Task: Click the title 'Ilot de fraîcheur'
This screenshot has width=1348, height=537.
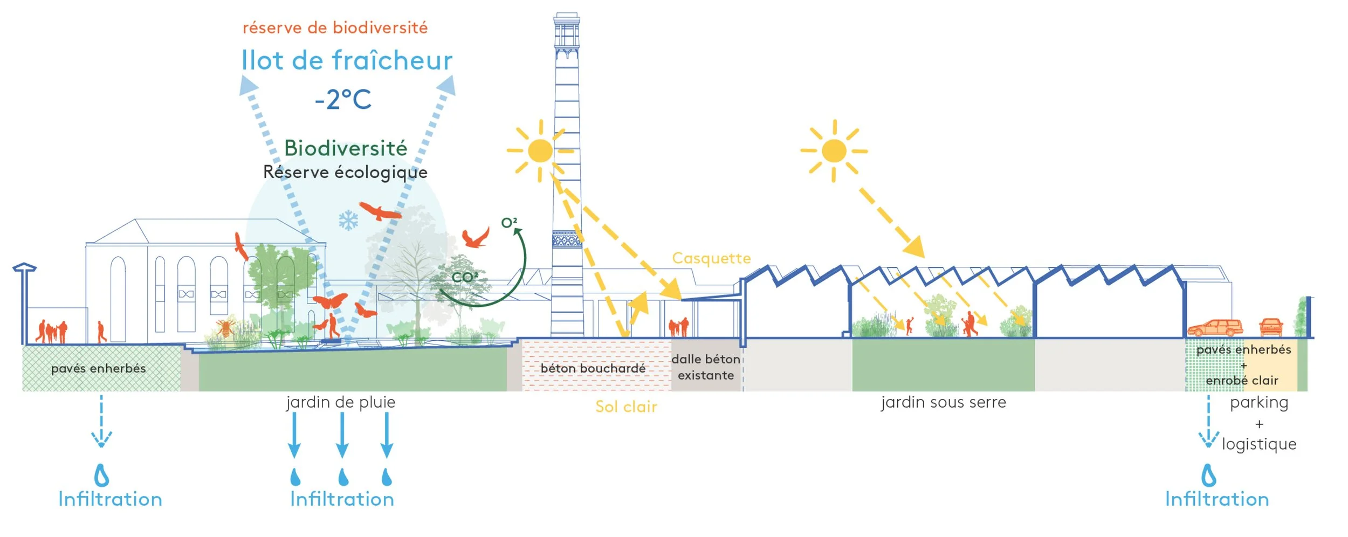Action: point(346,60)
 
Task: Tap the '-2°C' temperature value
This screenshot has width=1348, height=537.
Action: point(343,100)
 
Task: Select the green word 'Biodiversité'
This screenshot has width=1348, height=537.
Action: point(346,148)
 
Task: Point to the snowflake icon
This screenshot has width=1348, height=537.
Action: point(348,221)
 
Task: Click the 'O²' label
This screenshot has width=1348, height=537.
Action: point(509,223)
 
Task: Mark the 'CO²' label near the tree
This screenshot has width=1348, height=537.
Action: point(464,278)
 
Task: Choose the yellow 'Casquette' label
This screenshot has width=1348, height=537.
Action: point(711,258)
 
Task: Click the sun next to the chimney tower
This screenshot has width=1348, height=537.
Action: point(540,151)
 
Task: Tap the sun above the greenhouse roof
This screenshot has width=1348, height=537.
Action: point(834,151)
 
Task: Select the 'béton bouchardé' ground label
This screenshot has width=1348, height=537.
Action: point(593,368)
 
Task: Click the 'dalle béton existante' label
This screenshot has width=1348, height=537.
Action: point(706,367)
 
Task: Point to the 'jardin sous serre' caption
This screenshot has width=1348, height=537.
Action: point(944,402)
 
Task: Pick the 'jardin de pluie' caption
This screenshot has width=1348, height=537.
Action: point(341,402)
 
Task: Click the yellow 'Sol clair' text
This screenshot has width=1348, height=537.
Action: point(626,407)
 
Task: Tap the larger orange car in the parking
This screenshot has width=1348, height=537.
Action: point(1215,327)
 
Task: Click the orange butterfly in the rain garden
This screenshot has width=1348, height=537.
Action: point(330,301)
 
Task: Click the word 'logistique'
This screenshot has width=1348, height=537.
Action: point(1259,444)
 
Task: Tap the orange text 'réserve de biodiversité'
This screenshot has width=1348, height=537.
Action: point(335,28)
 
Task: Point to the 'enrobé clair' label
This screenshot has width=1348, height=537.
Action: point(1242,381)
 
